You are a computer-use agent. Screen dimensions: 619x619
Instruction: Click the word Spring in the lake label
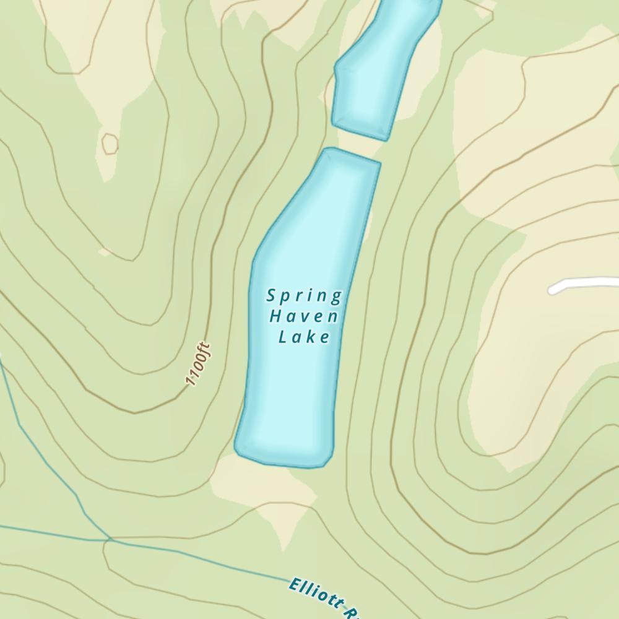[x=304, y=297]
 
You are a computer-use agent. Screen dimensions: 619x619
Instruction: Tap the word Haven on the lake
[x=304, y=317]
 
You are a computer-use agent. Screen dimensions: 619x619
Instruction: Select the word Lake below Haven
[x=304, y=337]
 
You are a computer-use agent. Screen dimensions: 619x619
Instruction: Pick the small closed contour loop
[x=110, y=144]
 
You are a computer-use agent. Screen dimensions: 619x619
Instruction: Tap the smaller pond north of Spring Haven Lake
[x=378, y=68]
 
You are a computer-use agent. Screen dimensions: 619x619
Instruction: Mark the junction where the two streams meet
[x=109, y=540]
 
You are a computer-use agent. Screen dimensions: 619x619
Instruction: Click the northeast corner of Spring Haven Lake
[x=378, y=164]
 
